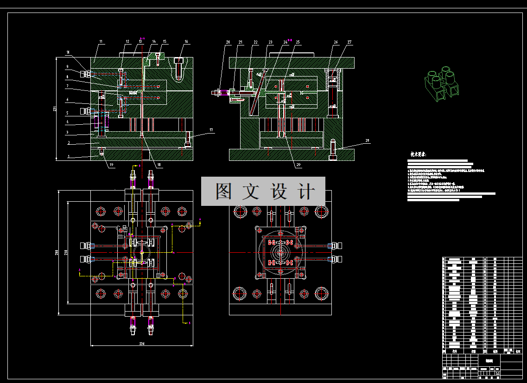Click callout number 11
click(x=100, y=42)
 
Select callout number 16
click(x=186, y=42)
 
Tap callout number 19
click(x=111, y=165)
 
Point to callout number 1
click(x=69, y=157)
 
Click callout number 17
click(x=211, y=130)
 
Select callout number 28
click(x=367, y=140)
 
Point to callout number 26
click(x=336, y=42)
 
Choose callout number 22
click(x=255, y=42)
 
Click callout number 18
click(x=159, y=165)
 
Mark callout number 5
click(x=67, y=113)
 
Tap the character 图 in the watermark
click(x=224, y=191)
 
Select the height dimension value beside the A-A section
click(x=54, y=109)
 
